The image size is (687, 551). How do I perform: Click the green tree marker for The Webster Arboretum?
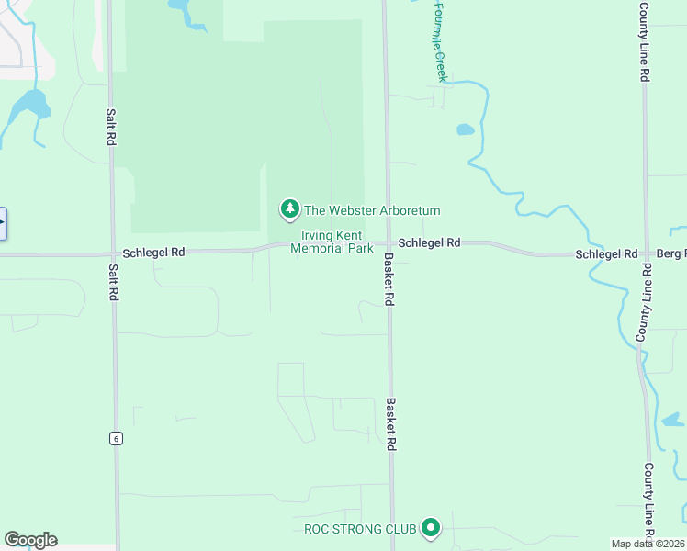pyautogui.click(x=290, y=210)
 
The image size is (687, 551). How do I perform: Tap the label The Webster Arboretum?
pyautogui.click(x=372, y=210)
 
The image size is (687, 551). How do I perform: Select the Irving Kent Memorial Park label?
pyautogui.click(x=337, y=242)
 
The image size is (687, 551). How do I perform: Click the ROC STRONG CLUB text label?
pyautogui.click(x=361, y=529)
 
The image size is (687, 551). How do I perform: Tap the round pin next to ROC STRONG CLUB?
pyautogui.click(x=431, y=528)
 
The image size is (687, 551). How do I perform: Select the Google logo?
pyautogui.click(x=30, y=540)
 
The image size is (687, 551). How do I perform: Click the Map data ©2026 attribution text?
pyautogui.click(x=647, y=544)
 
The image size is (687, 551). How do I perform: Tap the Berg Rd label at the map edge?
pyautogui.click(x=670, y=253)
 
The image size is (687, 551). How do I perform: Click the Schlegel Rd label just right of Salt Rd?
pyautogui.click(x=153, y=252)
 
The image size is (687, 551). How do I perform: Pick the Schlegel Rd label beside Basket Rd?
pyautogui.click(x=429, y=242)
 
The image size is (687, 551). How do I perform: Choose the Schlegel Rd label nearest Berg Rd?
pyautogui.click(x=606, y=253)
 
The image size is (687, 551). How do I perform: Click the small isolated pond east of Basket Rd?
pyautogui.click(x=466, y=129)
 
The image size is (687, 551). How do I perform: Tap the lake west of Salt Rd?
pyautogui.click(x=31, y=104)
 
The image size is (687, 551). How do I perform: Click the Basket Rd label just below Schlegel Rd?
pyautogui.click(x=389, y=279)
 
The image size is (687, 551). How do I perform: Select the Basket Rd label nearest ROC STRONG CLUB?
pyautogui.click(x=391, y=424)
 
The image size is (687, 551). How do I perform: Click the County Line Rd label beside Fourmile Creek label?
pyautogui.click(x=646, y=42)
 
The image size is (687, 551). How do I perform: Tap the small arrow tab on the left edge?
pyautogui.click(x=3, y=223)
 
